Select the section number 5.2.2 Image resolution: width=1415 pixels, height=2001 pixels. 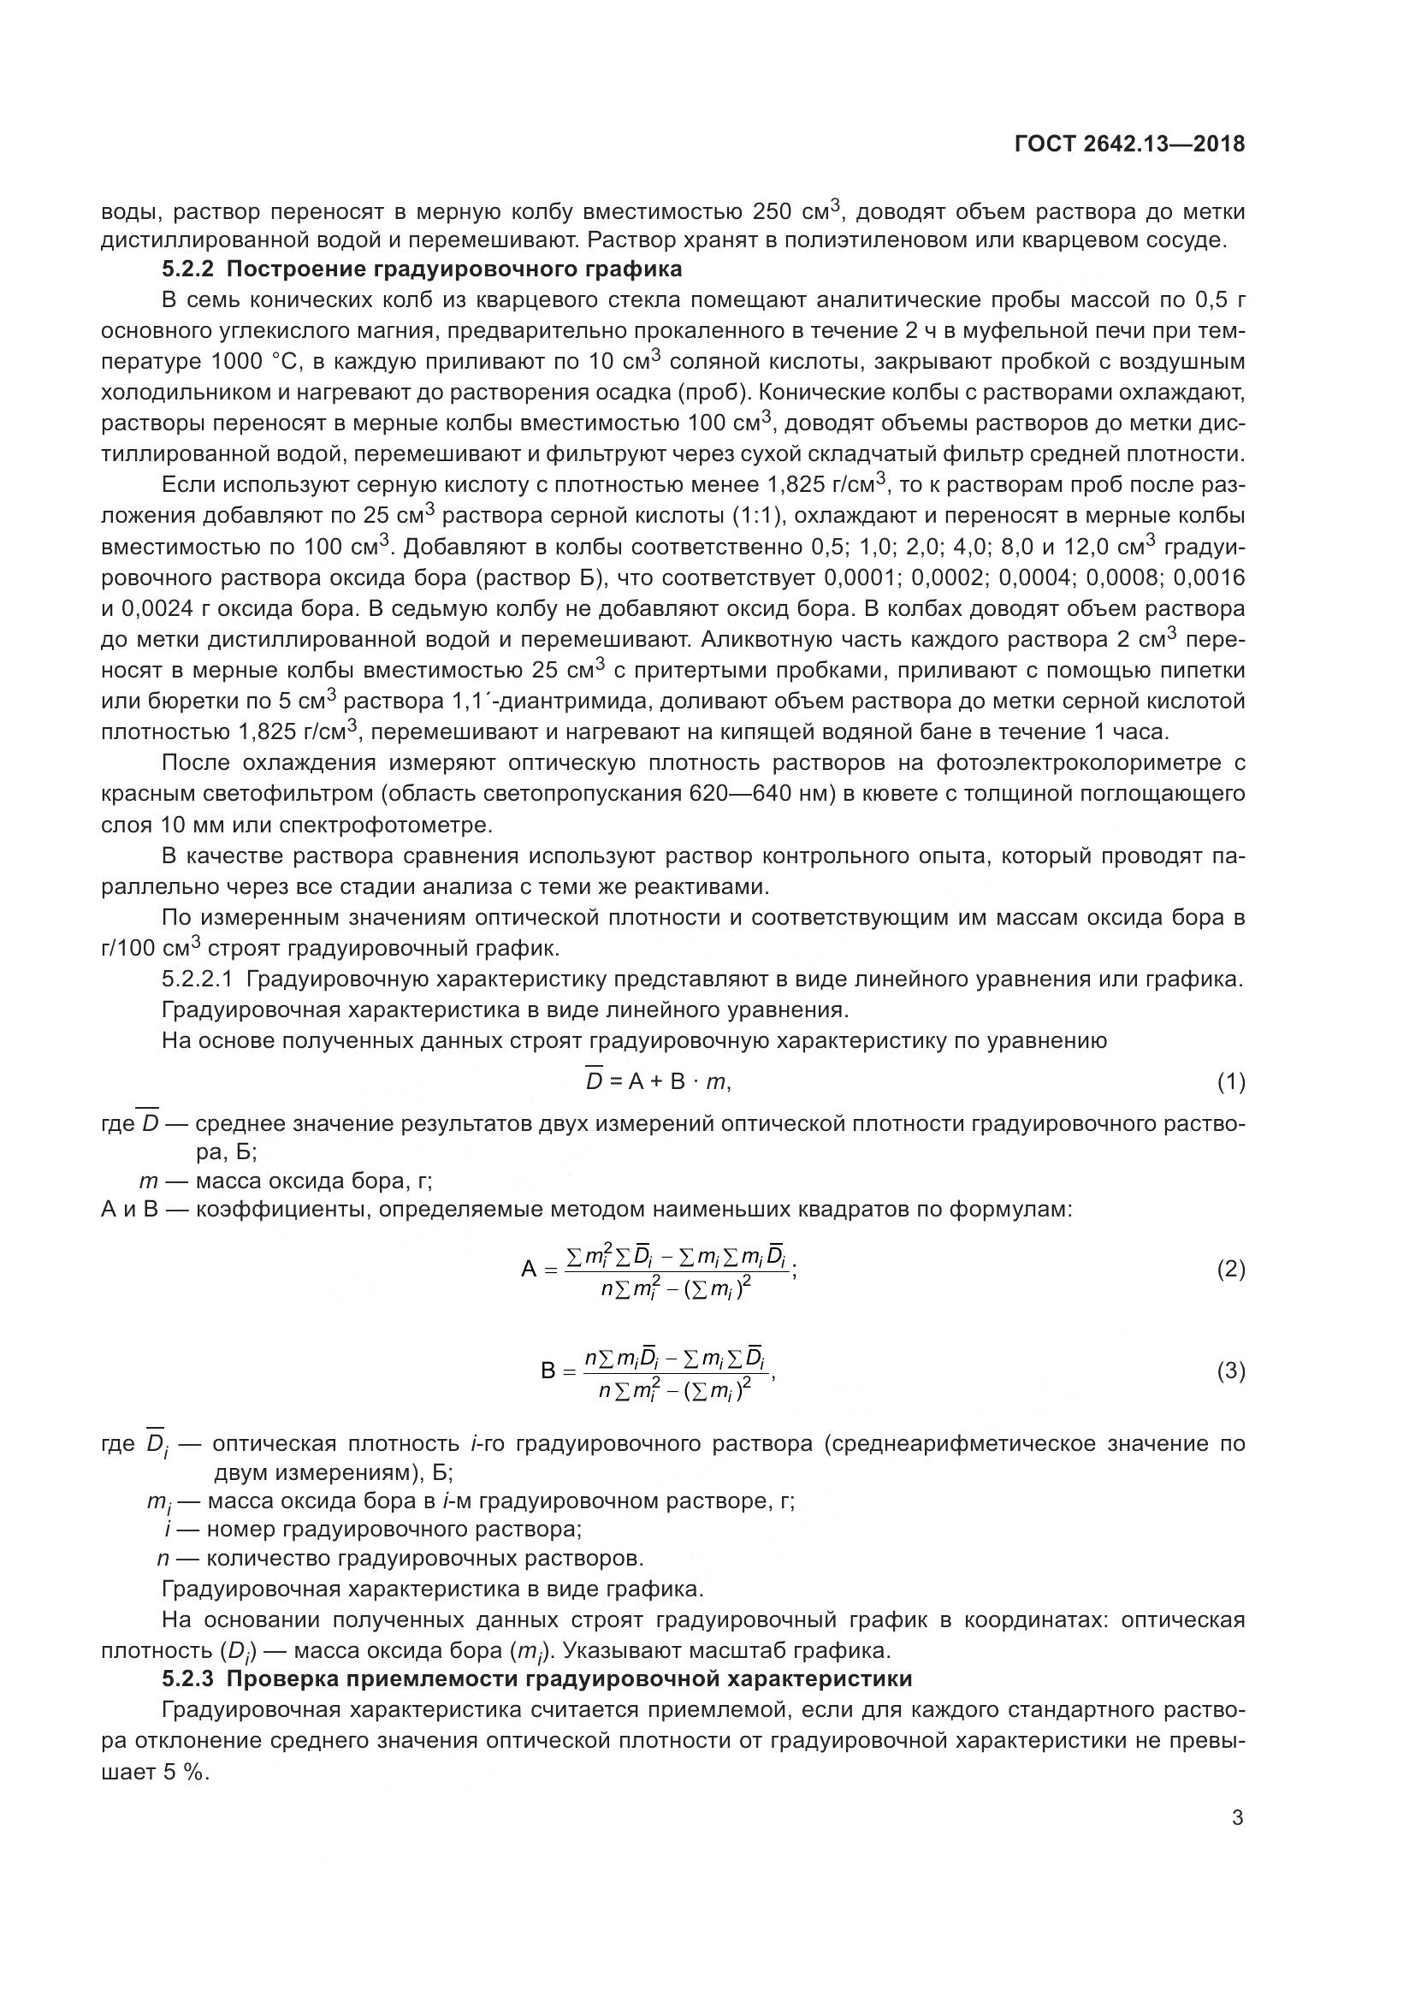click(x=189, y=269)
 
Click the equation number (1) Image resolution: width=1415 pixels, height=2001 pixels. click(x=1230, y=1082)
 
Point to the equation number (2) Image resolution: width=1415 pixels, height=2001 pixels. click(x=1230, y=1269)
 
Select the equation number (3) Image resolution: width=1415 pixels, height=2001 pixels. click(x=1230, y=1371)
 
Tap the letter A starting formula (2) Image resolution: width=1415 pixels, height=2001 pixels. click(x=529, y=1270)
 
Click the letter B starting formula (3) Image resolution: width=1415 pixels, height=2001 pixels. click(x=548, y=1371)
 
